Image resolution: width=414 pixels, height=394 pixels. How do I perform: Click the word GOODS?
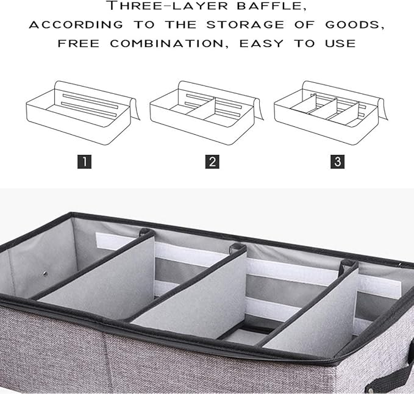point(357,26)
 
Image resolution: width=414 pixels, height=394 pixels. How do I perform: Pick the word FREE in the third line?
point(80,43)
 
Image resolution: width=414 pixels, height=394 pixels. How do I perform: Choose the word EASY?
point(265,43)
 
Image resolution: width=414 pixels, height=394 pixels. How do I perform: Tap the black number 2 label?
point(212,162)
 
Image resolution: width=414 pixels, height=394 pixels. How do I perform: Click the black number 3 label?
point(337,162)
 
